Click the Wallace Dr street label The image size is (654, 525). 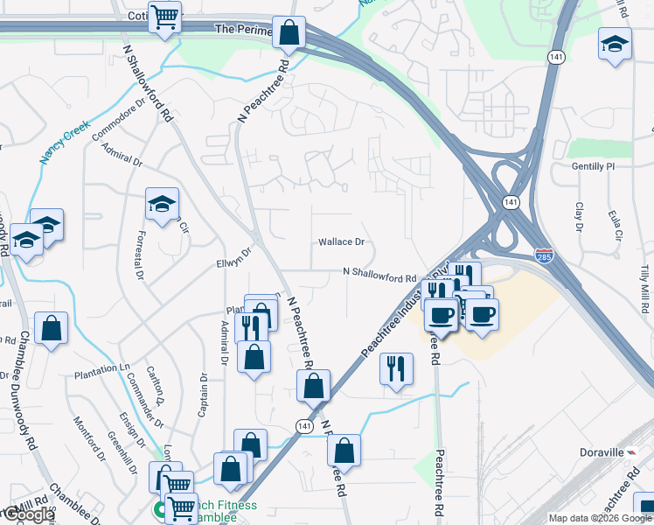[341, 241]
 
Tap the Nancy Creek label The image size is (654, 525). [65, 142]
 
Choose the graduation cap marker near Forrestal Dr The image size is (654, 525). [162, 205]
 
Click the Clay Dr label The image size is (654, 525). [579, 218]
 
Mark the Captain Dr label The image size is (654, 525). [203, 395]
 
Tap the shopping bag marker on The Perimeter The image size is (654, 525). [289, 33]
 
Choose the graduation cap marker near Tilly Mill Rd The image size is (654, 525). [615, 44]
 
